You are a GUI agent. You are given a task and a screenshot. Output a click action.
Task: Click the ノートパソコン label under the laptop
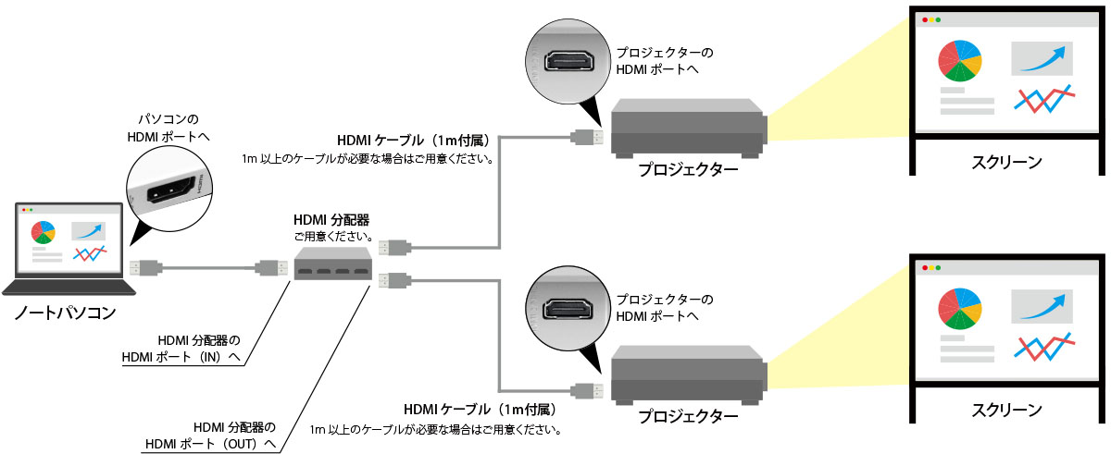click(66, 313)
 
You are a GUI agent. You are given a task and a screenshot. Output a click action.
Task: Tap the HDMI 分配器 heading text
click(331, 220)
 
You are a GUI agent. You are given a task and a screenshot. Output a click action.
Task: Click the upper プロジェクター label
click(688, 170)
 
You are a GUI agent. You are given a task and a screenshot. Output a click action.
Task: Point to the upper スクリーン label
click(1006, 162)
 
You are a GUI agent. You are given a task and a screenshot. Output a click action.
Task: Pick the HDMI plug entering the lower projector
click(589, 388)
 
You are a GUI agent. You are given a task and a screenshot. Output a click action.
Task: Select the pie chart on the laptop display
click(43, 231)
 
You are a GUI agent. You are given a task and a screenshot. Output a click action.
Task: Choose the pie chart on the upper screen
click(960, 60)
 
